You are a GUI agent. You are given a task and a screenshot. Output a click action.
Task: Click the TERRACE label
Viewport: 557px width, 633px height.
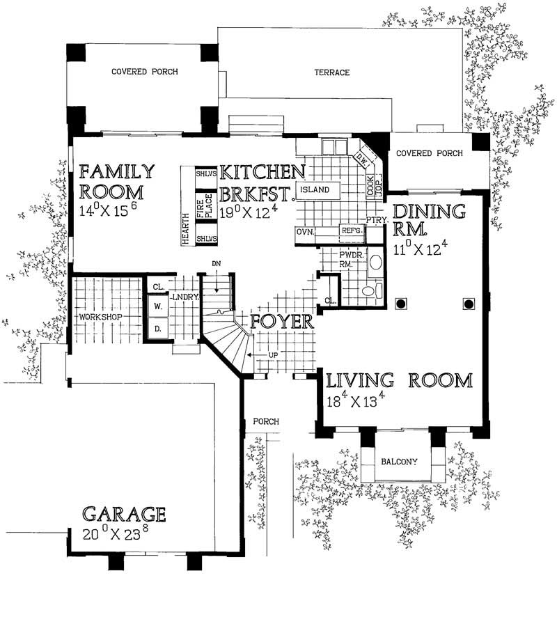tap(331, 73)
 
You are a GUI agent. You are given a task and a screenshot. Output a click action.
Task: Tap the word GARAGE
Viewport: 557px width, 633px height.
tap(124, 515)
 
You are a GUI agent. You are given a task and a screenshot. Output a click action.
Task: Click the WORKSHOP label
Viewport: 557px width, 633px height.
tap(100, 317)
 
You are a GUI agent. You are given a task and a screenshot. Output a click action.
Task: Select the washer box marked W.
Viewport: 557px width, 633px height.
tap(157, 305)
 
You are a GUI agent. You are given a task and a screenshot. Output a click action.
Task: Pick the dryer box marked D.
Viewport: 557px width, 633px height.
tap(157, 327)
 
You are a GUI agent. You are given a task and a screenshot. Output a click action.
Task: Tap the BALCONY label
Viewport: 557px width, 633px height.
tap(398, 461)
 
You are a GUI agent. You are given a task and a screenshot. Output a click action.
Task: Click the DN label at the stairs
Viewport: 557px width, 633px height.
tap(217, 265)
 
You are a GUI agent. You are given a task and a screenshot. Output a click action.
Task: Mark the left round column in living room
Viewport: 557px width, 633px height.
tap(401, 304)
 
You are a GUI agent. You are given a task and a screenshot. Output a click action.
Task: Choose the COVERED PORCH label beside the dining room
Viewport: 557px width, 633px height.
tap(425, 153)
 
